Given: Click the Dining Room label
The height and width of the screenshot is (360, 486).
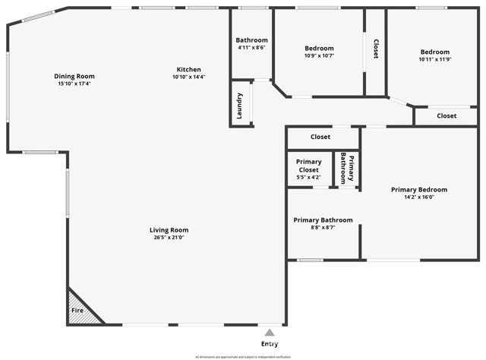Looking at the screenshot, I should (74, 76).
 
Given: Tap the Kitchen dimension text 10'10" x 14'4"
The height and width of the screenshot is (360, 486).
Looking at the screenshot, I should (189, 77).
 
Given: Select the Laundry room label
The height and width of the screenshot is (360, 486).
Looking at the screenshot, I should (240, 106).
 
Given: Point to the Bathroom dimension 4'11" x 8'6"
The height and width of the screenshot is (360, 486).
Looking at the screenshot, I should (251, 49).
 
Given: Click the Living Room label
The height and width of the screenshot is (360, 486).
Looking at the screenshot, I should (169, 230).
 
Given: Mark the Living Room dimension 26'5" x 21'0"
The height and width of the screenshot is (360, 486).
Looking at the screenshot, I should (169, 238).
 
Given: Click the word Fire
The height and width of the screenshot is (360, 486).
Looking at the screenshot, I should (77, 311).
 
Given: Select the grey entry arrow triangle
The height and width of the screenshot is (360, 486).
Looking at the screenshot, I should (269, 332).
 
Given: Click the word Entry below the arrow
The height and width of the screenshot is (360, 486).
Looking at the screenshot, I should (269, 344).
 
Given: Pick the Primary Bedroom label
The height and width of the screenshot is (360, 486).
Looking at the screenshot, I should (419, 189).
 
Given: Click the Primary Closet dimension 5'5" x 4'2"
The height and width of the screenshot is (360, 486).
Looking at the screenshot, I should (308, 178).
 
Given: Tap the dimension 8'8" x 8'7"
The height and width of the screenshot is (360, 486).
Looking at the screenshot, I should (323, 227).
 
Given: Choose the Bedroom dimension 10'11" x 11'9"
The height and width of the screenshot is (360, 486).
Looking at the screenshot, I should (435, 59).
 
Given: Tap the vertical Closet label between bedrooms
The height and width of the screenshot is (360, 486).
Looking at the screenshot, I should (376, 49).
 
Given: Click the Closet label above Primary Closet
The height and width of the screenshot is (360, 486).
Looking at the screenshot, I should (320, 137).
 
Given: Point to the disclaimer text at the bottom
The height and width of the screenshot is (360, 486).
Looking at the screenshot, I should (243, 356).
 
